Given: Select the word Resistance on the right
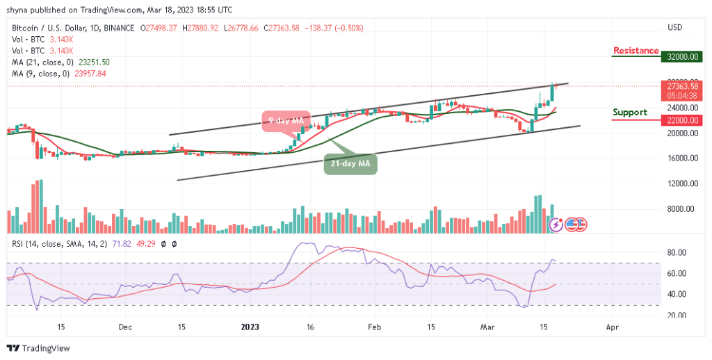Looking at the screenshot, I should [x=636, y=51].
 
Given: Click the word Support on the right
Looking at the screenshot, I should [x=629, y=112].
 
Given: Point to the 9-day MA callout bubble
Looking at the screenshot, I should [x=286, y=121].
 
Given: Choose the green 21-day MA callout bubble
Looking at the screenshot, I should [x=351, y=164].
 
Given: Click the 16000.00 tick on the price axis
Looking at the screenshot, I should [x=680, y=158].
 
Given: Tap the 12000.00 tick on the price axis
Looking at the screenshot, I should [x=680, y=183].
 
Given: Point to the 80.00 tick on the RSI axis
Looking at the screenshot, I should [x=677, y=253].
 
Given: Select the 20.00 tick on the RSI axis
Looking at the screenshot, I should [x=677, y=315].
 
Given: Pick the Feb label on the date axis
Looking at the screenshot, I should [x=374, y=326].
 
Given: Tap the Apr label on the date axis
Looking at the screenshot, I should [x=611, y=326].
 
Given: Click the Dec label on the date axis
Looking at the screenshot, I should [x=125, y=326].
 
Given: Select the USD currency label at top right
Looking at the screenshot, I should [x=674, y=28].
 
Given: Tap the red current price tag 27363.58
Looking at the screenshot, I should [x=679, y=85].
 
